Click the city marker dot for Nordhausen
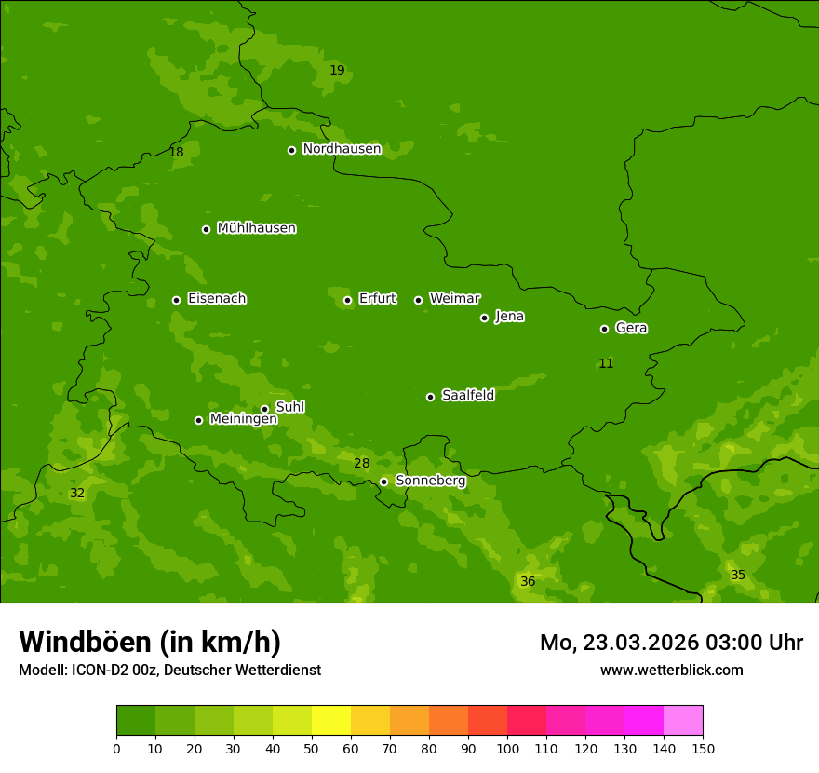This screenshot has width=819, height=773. [291, 150]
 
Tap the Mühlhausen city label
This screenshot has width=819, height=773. [256, 228]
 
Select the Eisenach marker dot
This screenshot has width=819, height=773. [176, 300]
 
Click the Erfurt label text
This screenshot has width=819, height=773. [377, 299]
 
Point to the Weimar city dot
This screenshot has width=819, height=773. [418, 300]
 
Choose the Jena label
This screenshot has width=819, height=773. [509, 317]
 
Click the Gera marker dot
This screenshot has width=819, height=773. [604, 329]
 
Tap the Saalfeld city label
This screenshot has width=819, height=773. [467, 396]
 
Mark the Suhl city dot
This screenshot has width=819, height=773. [264, 409]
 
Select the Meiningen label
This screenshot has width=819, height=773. [243, 419]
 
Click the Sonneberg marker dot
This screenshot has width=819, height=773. [383, 481]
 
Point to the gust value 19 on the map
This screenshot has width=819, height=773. [337, 71]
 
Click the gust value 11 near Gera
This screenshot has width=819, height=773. [606, 363]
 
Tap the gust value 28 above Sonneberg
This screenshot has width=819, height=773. [362, 464]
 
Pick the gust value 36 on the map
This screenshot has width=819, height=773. [528, 582]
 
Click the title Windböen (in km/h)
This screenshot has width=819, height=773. [150, 642]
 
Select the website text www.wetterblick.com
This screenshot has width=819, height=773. [671, 670]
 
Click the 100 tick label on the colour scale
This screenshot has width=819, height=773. [507, 748]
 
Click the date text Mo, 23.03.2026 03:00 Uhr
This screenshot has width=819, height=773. [671, 643]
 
